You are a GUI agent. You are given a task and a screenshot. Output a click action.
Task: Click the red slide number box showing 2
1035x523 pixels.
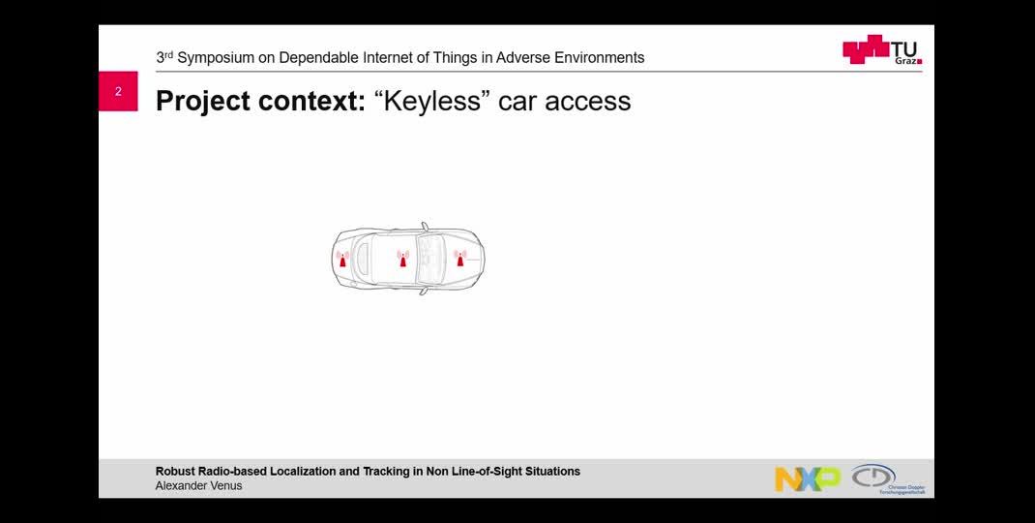pos(118,91)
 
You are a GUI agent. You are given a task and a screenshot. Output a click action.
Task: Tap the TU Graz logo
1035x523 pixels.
pos(881,50)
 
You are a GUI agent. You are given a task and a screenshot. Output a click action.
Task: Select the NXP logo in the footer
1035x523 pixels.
pos(807,478)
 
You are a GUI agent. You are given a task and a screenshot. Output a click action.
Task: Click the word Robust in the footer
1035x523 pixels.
pos(176,472)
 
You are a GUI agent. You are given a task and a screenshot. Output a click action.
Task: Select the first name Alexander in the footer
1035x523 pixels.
pos(181,486)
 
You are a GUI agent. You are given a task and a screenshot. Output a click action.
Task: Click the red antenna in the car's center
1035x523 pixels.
pos(403,259)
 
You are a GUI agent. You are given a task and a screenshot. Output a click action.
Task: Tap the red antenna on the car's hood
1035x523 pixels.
pos(459,259)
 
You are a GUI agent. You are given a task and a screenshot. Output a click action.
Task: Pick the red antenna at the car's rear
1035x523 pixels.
pos(342,260)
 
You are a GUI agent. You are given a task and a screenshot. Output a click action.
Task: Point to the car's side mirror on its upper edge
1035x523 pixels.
pos(424,228)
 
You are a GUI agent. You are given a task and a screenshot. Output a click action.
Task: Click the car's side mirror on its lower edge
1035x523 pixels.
pos(423,290)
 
